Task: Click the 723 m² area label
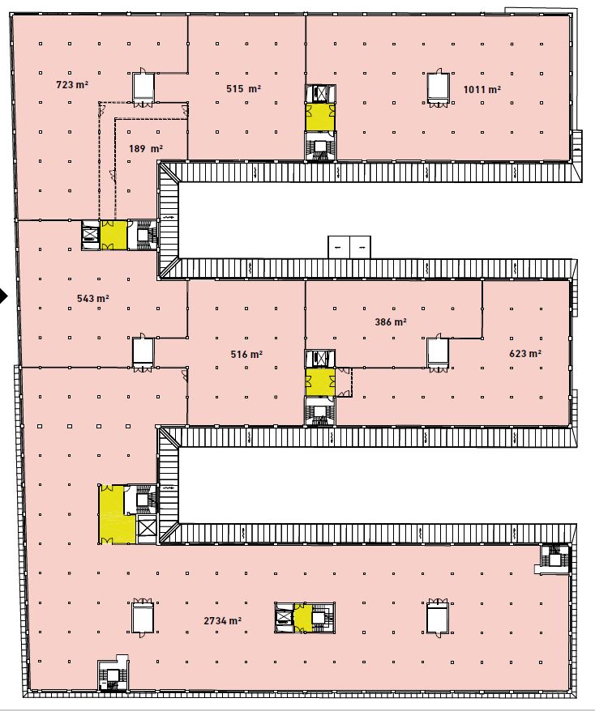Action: tap(71, 84)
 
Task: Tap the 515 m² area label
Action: tap(244, 88)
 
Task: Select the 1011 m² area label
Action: tap(482, 89)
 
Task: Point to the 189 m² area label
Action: tap(146, 148)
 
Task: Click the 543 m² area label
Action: tap(93, 298)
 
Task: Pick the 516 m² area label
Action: tap(246, 354)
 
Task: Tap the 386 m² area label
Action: tap(391, 322)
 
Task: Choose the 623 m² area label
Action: tap(525, 353)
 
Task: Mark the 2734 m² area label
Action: tap(222, 621)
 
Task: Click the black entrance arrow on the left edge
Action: tap(3, 296)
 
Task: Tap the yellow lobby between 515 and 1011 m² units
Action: tap(320, 117)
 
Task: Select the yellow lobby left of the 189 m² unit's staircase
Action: tap(113, 235)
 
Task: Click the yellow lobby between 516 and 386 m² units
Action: tap(320, 382)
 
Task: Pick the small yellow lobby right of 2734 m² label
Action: tap(302, 618)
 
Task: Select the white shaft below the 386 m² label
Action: tap(438, 352)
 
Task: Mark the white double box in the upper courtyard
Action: tap(349, 247)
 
